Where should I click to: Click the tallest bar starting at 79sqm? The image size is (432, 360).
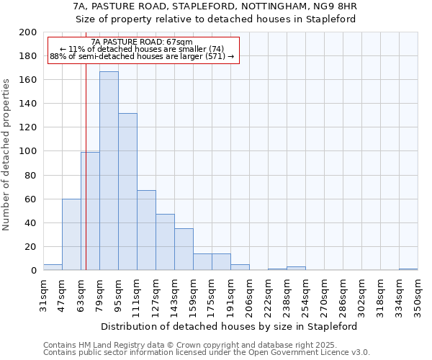pyautogui.click(x=109, y=171)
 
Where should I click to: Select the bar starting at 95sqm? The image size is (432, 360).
pyautogui.click(x=127, y=192)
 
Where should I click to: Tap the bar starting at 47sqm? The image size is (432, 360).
pyautogui.click(x=71, y=234)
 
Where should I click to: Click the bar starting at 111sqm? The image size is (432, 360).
pyautogui.click(x=146, y=230)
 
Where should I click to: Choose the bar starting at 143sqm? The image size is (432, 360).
pyautogui.click(x=184, y=249)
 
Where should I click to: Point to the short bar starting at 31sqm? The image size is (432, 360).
pyautogui.click(x=53, y=267)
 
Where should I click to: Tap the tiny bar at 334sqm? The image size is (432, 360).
pyautogui.click(x=408, y=269)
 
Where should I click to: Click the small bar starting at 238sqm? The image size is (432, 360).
pyautogui.click(x=296, y=269)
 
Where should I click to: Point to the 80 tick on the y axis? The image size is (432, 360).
pyautogui.click(x=30, y=175)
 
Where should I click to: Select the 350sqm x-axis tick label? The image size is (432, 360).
pyautogui.click(x=418, y=295)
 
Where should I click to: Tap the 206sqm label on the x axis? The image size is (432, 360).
pyautogui.click(x=249, y=295)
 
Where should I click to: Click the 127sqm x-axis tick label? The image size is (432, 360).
pyautogui.click(x=156, y=295)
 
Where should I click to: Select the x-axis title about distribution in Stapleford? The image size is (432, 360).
pyautogui.click(x=230, y=326)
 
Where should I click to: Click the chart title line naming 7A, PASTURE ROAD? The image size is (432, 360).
pyautogui.click(x=216, y=6)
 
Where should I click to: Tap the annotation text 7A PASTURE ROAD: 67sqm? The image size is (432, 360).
pyautogui.click(x=142, y=42)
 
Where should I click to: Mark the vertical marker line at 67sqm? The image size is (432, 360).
pyautogui.click(x=86, y=180)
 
